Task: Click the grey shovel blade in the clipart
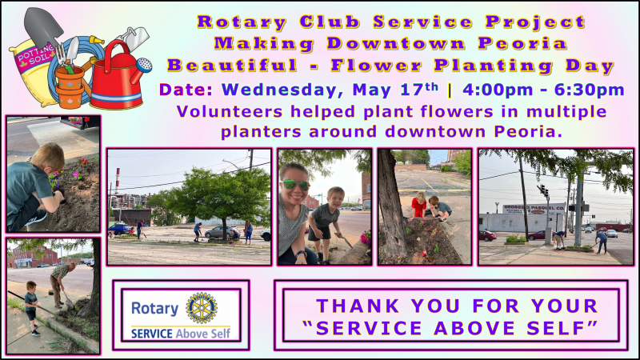pyautogui.click(x=43, y=26)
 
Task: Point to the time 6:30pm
pyautogui.click(x=590, y=90)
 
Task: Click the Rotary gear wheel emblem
pyautogui.click(x=202, y=308)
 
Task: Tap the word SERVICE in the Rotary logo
pyautogui.click(x=152, y=334)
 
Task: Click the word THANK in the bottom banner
pyautogui.click(x=358, y=306)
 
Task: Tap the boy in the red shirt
pyautogui.click(x=418, y=206)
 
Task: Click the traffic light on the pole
pyautogui.click(x=543, y=190)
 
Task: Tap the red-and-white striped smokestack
pyautogui.click(x=118, y=180)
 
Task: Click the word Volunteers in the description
pyautogui.click(x=229, y=112)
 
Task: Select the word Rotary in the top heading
pyautogui.click(x=242, y=22)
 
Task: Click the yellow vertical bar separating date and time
pyautogui.click(x=450, y=90)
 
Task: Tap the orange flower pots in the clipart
pyautogui.click(x=70, y=87)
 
